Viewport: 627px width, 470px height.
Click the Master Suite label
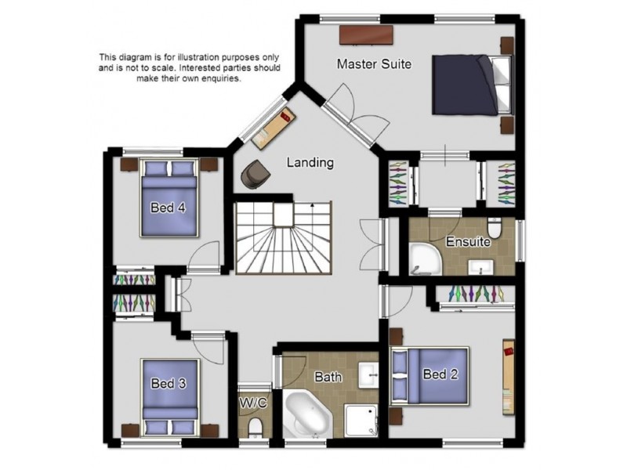[x=374, y=64]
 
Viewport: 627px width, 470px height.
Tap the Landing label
[x=310, y=162]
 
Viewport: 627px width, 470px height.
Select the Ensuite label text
[x=468, y=242]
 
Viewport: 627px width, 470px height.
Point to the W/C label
[x=253, y=403]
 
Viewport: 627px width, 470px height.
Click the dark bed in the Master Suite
[x=472, y=85]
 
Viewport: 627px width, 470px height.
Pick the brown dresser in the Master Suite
[x=366, y=35]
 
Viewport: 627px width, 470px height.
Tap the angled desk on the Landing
[x=274, y=128]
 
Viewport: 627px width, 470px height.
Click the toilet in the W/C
[x=255, y=427]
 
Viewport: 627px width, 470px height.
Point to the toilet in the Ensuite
[x=495, y=228]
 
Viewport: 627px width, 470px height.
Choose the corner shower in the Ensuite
[x=426, y=259]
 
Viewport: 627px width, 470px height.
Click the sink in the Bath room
[x=368, y=375]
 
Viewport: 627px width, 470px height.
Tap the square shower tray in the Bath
[x=361, y=421]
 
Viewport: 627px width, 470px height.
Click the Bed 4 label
[x=168, y=208]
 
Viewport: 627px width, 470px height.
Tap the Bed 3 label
[x=169, y=383]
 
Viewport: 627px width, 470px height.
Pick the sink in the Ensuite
[x=481, y=266]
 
